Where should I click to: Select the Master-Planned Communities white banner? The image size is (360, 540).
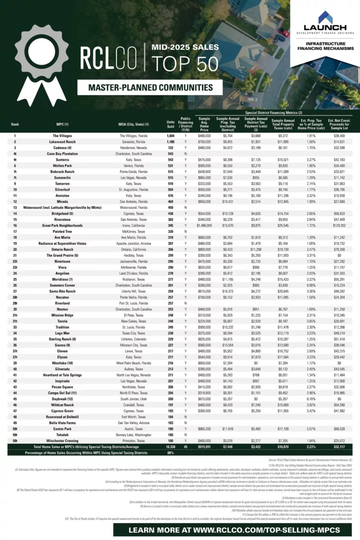[150, 88]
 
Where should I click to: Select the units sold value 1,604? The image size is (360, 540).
[171, 136]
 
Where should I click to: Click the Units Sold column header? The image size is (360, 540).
[171, 124]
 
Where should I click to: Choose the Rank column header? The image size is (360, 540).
[15, 124]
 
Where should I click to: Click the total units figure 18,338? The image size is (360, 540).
[171, 446]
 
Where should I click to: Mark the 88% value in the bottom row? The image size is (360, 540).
[171, 452]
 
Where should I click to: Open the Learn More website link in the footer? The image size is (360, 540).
[180, 529]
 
